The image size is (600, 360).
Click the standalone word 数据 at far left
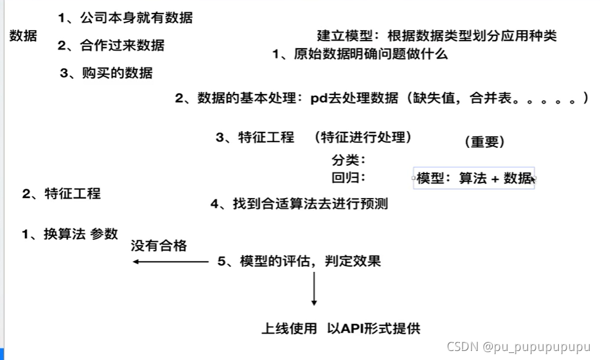tap(23, 36)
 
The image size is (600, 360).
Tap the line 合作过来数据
tap(122, 45)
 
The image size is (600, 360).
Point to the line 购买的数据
tap(118, 73)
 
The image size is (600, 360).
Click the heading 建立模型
tap(344, 36)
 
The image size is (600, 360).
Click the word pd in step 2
tap(318, 99)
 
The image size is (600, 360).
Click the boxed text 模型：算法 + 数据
tap(474, 179)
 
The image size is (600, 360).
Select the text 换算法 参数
tap(81, 235)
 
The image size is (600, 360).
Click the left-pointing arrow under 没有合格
tap(170, 262)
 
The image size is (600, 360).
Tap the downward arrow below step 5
tap(313, 289)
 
